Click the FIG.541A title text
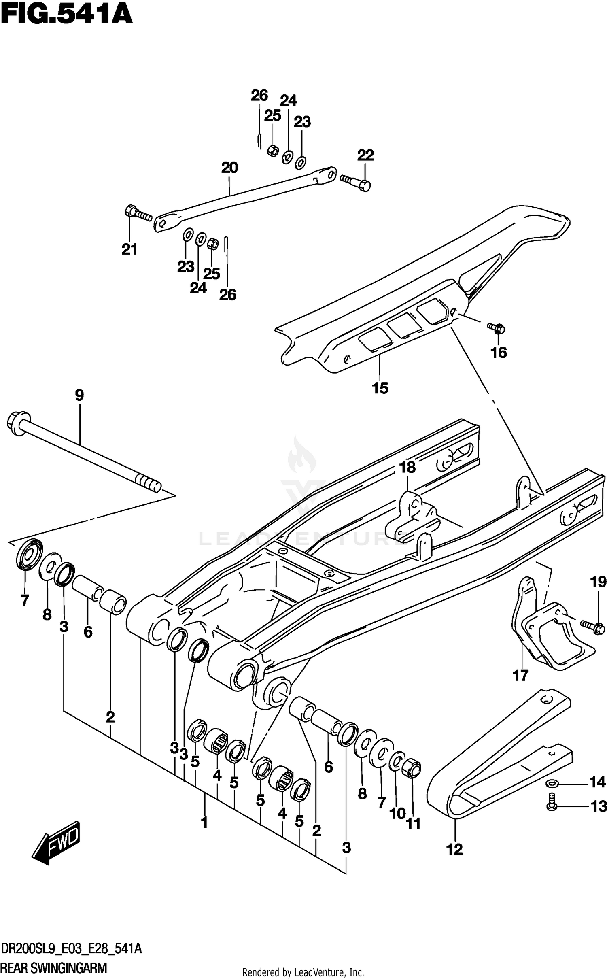coord(67,15)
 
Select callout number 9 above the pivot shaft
coord(79,395)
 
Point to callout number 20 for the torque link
coord(229,168)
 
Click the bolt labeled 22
coord(356,183)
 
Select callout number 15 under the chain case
coord(380,388)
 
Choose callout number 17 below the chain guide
coord(521,675)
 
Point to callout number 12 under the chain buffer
coord(455,849)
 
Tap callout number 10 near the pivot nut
coord(397,813)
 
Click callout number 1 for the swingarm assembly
coord(205,822)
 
